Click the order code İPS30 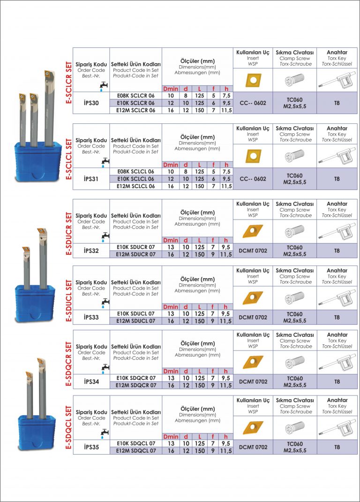(x=91, y=103)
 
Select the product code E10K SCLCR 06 (x=135, y=103)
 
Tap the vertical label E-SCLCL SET (x=68, y=159)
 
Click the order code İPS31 (x=91, y=179)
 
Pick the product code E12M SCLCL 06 (x=135, y=186)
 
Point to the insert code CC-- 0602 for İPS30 (x=253, y=103)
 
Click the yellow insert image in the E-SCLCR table (x=253, y=80)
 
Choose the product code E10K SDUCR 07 (x=135, y=247)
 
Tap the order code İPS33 (x=91, y=317)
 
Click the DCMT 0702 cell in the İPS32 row (x=253, y=251)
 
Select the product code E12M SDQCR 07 (x=136, y=386)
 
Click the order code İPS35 (x=91, y=447)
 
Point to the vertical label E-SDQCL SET (x=68, y=427)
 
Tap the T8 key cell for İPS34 (x=337, y=381)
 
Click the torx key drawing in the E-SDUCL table (x=337, y=298)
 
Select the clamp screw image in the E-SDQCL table (x=295, y=428)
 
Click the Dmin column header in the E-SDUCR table (x=171, y=240)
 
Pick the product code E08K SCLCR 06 (x=135, y=96)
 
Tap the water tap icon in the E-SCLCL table (x=105, y=162)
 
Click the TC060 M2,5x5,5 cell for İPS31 (x=295, y=179)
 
